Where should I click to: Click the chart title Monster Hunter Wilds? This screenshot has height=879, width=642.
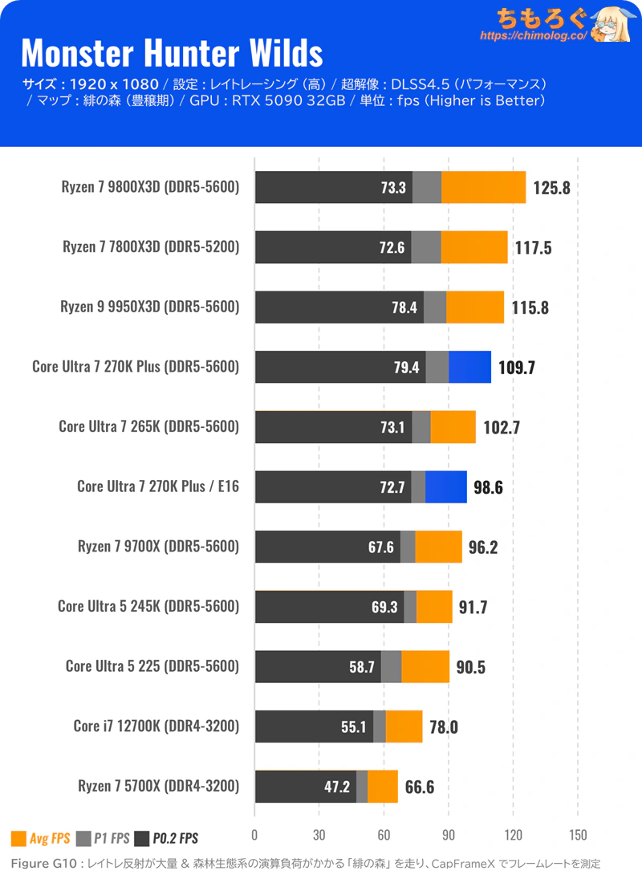click(172, 53)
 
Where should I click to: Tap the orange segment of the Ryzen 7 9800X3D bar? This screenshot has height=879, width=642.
click(483, 187)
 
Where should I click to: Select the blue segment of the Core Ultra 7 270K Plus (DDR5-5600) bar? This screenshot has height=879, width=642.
click(469, 367)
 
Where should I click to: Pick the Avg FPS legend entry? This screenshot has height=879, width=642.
click(41, 839)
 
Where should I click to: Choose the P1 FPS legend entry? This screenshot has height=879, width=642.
click(103, 839)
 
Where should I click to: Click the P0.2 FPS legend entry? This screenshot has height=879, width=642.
click(166, 839)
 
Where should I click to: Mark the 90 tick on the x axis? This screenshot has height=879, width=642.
click(449, 833)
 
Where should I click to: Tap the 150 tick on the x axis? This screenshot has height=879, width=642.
click(578, 833)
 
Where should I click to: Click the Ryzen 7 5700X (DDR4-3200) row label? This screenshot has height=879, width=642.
click(158, 786)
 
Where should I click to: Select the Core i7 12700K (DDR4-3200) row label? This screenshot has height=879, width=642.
click(156, 726)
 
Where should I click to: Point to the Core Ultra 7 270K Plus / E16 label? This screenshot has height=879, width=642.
click(158, 486)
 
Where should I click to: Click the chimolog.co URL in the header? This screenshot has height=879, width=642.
click(533, 36)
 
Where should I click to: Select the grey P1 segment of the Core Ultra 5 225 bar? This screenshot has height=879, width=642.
click(391, 666)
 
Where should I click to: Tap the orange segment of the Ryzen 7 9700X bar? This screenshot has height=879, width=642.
click(438, 547)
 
